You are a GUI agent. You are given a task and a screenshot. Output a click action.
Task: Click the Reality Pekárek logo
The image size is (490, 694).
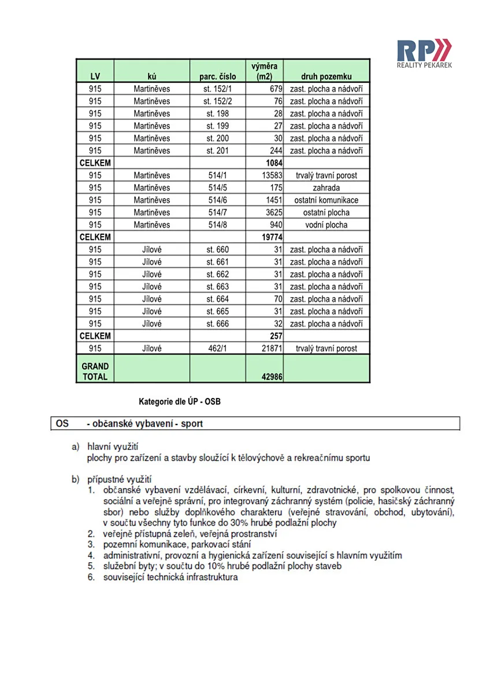[x=424, y=54]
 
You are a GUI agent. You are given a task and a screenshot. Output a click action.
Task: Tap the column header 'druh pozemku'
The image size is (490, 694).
[x=326, y=76]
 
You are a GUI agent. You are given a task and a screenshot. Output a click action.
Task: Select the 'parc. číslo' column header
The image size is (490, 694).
[x=217, y=76]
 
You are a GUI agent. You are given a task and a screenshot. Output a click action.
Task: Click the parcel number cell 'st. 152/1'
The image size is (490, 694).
[x=217, y=89]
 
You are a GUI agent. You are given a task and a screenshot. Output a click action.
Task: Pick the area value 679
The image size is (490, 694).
[x=274, y=89]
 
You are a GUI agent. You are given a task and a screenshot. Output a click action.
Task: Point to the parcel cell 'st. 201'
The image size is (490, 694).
[x=217, y=150]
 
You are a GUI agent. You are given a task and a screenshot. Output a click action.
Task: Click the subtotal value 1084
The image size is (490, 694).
[x=271, y=163]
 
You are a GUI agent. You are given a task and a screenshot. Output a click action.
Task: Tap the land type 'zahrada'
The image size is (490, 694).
[x=326, y=187]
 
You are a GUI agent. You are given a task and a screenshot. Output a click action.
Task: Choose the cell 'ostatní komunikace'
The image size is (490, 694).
[x=326, y=200]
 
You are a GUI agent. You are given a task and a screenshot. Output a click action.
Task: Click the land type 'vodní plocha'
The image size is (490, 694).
[x=326, y=224]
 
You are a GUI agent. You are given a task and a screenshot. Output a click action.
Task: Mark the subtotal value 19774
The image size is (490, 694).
[x=271, y=237]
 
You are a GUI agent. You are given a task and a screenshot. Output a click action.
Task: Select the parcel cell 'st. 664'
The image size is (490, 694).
[x=217, y=299]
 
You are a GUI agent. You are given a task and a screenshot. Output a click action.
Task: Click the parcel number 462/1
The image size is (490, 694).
[x=217, y=349]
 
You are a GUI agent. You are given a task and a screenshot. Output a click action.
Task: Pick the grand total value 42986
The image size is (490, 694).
[x=271, y=376]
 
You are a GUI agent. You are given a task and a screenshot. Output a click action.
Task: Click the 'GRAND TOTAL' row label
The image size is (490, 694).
[x=95, y=371]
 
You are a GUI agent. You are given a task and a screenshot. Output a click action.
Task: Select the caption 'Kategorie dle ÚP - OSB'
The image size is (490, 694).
[x=180, y=401]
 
